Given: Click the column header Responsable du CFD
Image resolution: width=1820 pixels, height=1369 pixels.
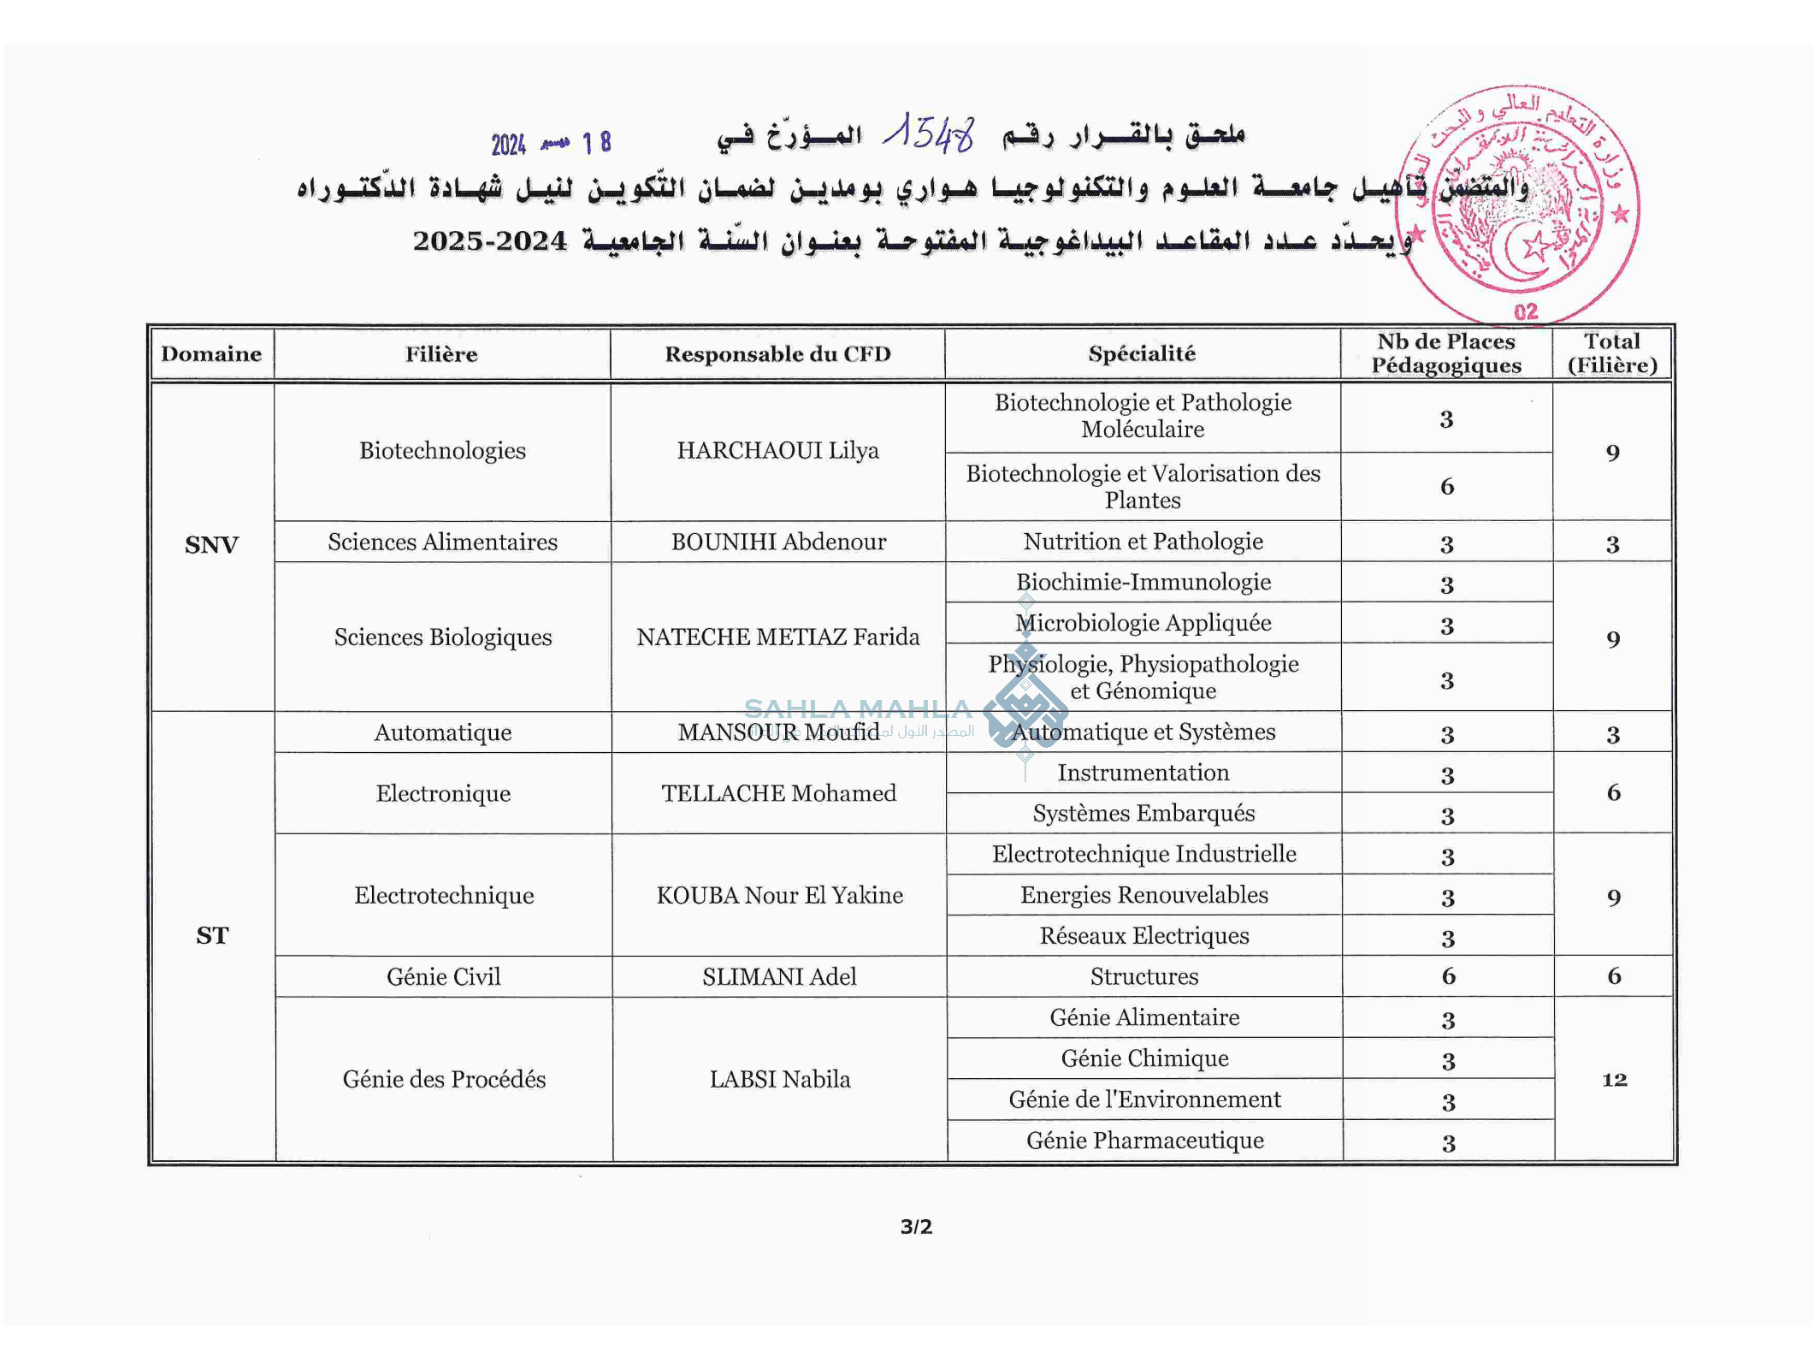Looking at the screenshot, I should click(777, 354).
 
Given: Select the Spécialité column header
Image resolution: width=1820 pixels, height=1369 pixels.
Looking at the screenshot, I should click(1142, 354).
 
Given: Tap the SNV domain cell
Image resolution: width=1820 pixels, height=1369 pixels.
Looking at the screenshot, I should click(211, 545).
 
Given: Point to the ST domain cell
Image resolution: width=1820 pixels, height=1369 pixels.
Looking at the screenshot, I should click(212, 936).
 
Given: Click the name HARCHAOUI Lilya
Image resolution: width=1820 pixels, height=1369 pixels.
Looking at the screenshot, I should click(777, 451).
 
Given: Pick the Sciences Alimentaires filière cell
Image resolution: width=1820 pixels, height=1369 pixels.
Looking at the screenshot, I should click(442, 542).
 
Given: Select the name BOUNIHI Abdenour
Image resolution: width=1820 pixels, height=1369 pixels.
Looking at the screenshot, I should click(778, 542).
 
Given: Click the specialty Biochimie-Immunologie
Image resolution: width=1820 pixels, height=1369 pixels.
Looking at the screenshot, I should click(1143, 583).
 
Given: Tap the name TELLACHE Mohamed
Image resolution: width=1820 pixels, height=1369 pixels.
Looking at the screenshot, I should click(778, 794).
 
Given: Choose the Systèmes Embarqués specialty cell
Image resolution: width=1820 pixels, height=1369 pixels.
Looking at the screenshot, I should click(1143, 814).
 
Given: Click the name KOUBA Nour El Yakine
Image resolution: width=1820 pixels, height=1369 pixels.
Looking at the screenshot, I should click(779, 896).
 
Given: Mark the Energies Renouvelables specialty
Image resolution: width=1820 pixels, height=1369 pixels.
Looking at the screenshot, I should click(1143, 896).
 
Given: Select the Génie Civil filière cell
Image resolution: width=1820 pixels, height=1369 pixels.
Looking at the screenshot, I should click(443, 977).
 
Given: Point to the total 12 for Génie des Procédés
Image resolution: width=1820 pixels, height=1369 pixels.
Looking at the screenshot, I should click(1614, 1080).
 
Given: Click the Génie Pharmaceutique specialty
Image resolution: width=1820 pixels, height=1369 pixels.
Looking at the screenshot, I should click(1144, 1141).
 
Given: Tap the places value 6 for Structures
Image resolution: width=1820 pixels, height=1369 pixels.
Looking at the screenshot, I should click(1448, 976).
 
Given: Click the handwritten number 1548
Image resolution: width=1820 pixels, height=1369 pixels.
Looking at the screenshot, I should click(929, 133).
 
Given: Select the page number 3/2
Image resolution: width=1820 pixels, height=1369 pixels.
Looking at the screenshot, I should click(916, 1227).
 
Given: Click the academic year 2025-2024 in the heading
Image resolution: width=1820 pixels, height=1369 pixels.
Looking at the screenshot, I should click(489, 241).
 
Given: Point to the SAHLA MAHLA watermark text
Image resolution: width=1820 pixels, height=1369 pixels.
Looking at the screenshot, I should click(858, 709).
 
